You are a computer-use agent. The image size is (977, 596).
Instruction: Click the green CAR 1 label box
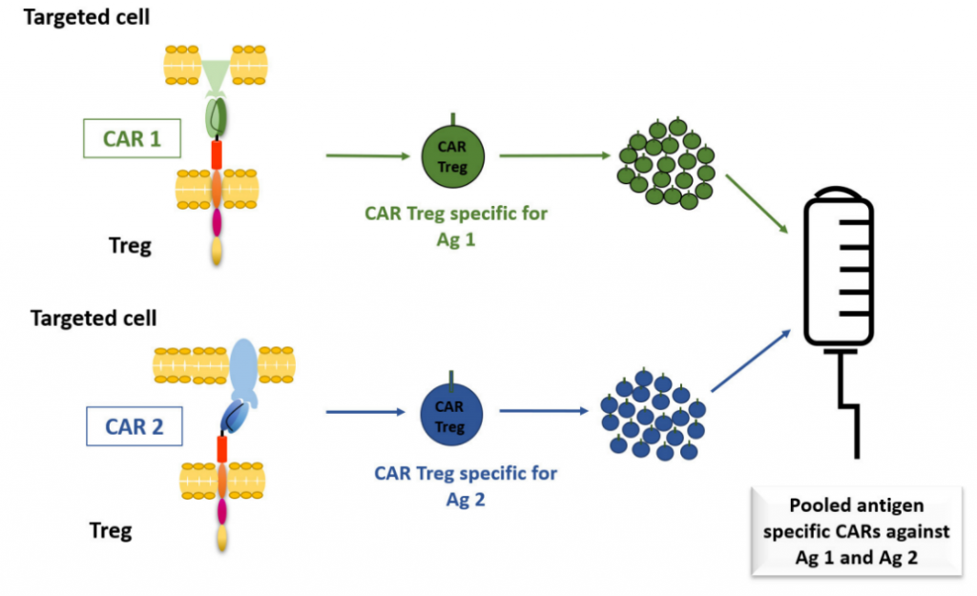[132, 139]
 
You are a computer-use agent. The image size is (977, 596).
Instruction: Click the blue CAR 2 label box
[134, 426]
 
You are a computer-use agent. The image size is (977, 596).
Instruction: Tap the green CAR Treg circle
[453, 155]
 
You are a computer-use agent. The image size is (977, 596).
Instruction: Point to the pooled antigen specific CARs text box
[856, 532]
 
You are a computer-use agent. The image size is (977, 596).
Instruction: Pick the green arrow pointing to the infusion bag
[756, 203]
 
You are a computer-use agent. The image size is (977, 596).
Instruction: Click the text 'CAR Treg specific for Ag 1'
[456, 226]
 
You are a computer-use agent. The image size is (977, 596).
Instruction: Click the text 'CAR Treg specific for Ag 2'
[466, 485]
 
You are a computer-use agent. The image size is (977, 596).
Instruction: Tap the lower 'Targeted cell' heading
[94, 318]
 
